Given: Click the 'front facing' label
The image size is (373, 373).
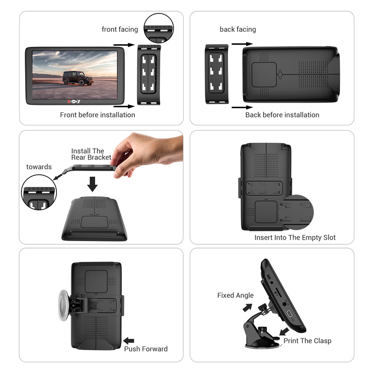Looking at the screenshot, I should pos(120,29).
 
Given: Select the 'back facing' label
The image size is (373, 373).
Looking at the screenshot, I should pos(238,29).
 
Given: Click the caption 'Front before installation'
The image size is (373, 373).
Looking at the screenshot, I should pos(97,115).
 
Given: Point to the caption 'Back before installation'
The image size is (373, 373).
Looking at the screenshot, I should pos(282,115).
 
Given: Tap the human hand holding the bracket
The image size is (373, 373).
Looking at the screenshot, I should pos(145,152).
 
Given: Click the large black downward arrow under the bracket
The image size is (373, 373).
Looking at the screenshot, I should pos(93,183).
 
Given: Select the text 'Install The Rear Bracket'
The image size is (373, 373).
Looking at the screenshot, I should pos(91,154).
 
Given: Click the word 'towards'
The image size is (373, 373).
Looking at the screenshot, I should pos(39,167).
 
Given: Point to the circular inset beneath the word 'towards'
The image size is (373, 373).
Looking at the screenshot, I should pos(39,194).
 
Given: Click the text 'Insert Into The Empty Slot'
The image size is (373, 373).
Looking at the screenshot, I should pos(295,237).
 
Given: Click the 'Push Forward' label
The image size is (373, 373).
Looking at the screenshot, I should pos(146,349).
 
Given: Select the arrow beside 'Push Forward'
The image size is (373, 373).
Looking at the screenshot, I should pos(129,341).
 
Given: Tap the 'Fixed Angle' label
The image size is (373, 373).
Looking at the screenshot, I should pos(235,295).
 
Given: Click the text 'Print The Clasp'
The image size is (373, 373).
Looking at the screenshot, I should pos(307,341).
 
